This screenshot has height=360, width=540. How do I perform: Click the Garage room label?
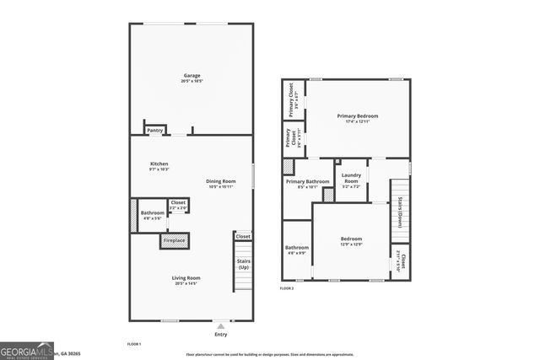(x=192, y=76)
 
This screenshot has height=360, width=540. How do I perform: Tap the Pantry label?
(x=154, y=131)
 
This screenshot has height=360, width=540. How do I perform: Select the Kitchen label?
(x=159, y=164)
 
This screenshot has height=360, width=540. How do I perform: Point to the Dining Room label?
(x=221, y=181)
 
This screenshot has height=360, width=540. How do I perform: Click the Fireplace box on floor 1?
(x=174, y=241)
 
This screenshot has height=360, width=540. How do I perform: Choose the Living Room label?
(x=186, y=278)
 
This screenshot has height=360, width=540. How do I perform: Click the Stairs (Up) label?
(x=243, y=265)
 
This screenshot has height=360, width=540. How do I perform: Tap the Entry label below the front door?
(x=221, y=335)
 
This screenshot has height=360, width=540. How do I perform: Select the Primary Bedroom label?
(x=358, y=116)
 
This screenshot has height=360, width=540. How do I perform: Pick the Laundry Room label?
(x=351, y=179)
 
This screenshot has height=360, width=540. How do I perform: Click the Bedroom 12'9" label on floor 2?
(x=351, y=239)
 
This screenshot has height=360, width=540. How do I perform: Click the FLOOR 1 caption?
(x=133, y=344)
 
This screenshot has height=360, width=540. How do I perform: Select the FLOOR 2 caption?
(x=287, y=288)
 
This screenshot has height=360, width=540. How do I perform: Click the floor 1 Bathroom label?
(x=153, y=213)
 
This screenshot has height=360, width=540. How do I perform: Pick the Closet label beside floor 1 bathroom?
(x=178, y=202)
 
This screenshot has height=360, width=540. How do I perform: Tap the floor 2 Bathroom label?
(x=297, y=248)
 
